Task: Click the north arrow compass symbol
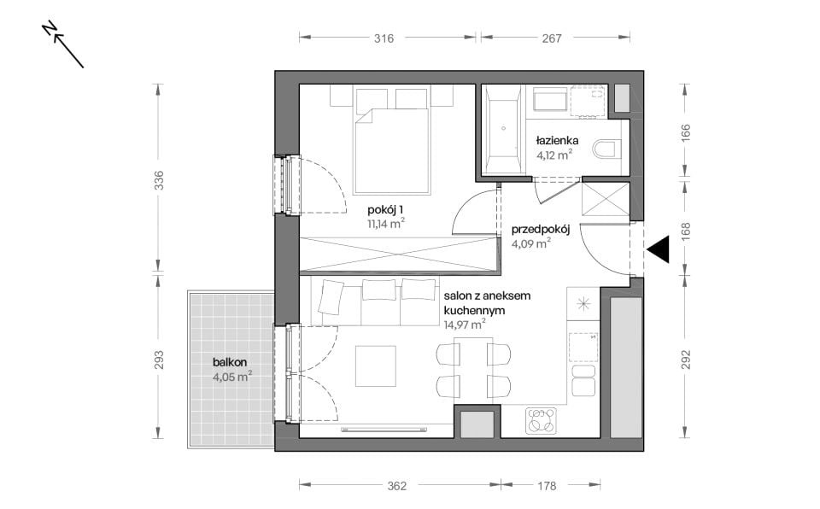63,45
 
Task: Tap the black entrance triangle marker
658,249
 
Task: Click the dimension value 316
384,38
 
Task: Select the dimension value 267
552,38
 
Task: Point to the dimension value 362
397,486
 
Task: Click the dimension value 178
547,486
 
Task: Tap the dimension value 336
159,180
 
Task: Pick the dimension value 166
686,132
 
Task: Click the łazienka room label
557,140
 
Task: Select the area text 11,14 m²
386,224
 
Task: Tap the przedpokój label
540,230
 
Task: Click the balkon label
230,362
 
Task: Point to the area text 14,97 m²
465,325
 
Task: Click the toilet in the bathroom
606,149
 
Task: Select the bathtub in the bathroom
503,129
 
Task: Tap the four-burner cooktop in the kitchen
541,421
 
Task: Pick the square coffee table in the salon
376,366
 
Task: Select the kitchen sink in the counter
583,347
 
